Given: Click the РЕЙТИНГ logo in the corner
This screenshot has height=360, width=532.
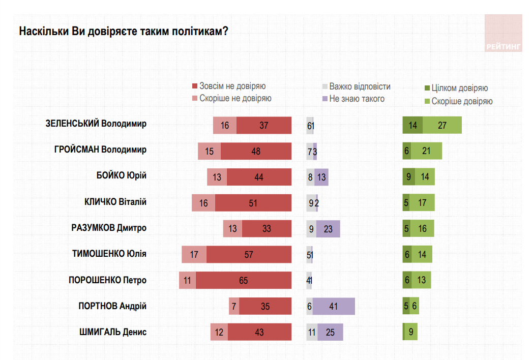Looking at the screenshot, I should click(x=503, y=33).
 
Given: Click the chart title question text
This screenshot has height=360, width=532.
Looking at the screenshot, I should click(x=123, y=32).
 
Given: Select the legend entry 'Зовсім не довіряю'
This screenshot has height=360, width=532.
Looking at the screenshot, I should click(x=232, y=86).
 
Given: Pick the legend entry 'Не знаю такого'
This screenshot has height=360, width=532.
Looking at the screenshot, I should click(x=357, y=99).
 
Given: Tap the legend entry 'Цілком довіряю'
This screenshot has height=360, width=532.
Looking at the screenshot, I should click(x=459, y=88).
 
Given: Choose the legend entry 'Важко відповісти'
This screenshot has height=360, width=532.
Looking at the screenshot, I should click(x=360, y=86).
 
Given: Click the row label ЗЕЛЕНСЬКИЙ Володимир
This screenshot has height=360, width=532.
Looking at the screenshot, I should click(x=96, y=124).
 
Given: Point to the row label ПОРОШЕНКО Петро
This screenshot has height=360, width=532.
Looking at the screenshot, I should click(x=107, y=280).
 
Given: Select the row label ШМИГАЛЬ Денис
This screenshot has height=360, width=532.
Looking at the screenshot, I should click(x=112, y=332).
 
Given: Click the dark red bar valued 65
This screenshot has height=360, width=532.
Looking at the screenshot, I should click(x=243, y=280).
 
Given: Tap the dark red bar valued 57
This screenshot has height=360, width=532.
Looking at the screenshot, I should click(x=249, y=254).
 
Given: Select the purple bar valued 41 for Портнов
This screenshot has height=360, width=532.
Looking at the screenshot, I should click(x=334, y=306).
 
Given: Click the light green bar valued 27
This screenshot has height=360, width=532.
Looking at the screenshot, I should click(x=442, y=125).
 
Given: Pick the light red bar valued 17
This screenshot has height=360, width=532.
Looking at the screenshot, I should click(x=194, y=254).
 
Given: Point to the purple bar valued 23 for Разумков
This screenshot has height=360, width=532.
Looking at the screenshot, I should click(x=328, y=229).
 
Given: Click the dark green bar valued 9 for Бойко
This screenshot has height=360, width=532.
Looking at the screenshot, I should click(x=408, y=176).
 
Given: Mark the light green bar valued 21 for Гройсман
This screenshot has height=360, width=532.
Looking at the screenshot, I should click(x=426, y=151).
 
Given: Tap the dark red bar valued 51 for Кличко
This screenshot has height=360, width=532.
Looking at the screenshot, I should click(x=253, y=202).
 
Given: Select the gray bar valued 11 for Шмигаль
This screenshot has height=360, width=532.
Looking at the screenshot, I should click(x=312, y=332).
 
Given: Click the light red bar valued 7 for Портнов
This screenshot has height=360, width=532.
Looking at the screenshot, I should click(x=234, y=306).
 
